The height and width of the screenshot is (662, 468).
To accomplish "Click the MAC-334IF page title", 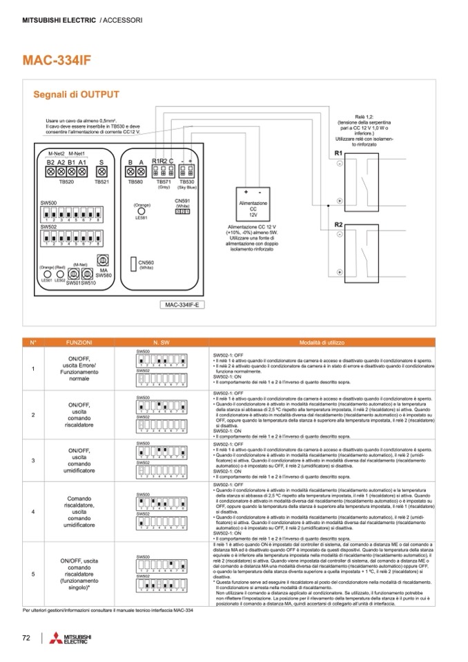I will [57, 60].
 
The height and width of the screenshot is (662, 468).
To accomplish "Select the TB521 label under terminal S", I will [101, 182].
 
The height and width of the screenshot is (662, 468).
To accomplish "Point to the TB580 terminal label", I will [135, 182].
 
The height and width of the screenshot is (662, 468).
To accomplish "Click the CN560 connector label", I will [146, 264].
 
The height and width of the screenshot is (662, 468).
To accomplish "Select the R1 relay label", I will [338, 152].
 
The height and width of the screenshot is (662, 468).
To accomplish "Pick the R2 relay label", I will [338, 225].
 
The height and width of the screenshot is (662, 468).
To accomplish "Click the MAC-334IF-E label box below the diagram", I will [182, 304].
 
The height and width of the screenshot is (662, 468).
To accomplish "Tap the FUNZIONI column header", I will [79, 342].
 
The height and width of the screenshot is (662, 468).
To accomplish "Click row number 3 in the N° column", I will [33, 460].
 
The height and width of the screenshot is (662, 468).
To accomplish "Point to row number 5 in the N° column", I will [33, 574].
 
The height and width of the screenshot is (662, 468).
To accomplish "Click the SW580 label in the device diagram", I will [104, 275].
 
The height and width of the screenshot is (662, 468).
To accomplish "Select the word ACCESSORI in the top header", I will [123, 21].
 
